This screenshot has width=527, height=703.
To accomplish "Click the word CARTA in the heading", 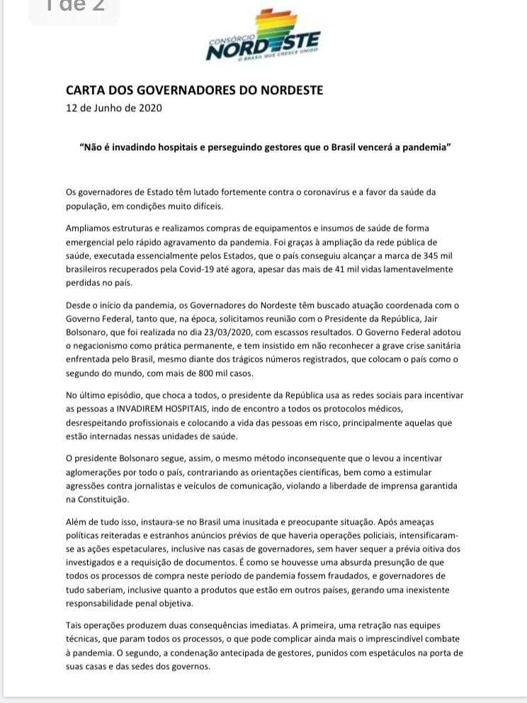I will pos(85,91).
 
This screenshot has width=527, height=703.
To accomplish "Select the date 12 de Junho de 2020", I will pos(113,108).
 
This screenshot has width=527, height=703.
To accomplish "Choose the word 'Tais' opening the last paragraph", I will pos(74,626).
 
